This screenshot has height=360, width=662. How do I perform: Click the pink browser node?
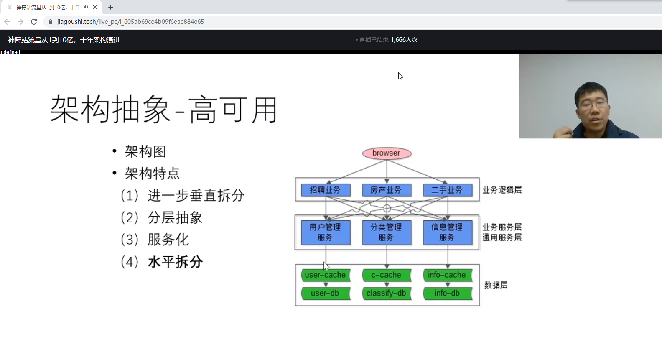tap(387, 153)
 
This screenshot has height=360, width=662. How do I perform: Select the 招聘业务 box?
tap(325, 190)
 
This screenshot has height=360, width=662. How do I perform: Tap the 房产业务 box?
tap(386, 190)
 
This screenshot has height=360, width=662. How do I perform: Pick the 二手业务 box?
tap(447, 190)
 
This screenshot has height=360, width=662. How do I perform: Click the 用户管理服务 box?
tap(325, 232)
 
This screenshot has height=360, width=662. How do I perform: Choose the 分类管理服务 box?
tap(386, 232)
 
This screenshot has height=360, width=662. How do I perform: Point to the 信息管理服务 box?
tap(447, 232)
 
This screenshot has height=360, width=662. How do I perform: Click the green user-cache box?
tap(325, 275)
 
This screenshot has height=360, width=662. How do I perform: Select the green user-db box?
tap(325, 294)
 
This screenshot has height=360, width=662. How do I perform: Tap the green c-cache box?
tap(386, 275)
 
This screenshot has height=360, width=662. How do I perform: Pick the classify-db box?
tap(386, 294)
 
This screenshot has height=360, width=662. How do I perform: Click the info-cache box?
tap(447, 275)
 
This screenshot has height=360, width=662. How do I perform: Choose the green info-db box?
tap(447, 294)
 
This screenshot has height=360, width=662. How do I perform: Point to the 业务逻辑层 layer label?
tap(502, 190)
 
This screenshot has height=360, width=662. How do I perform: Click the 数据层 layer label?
tap(496, 285)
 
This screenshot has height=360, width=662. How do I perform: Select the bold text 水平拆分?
tap(175, 262)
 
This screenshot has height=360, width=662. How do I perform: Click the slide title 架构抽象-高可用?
tap(163, 110)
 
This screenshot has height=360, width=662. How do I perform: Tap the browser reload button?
tap(34, 22)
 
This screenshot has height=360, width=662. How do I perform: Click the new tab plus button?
tap(111, 7)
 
